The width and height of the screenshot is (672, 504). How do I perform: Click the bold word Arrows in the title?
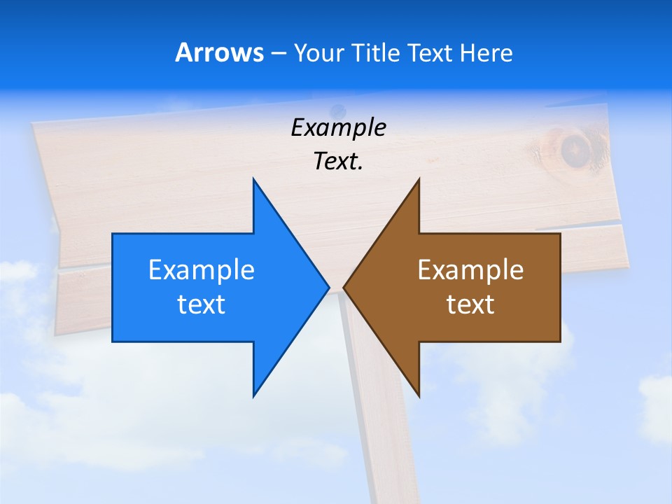pyautogui.click(x=218, y=52)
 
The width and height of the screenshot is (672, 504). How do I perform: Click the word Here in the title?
pyautogui.click(x=486, y=52)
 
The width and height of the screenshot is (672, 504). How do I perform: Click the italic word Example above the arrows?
pyautogui.click(x=338, y=128)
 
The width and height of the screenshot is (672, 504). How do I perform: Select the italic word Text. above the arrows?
pyautogui.click(x=338, y=162)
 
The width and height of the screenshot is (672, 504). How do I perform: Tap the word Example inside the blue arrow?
pyautogui.click(x=202, y=270)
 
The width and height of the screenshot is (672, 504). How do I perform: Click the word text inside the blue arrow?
pyautogui.click(x=202, y=304)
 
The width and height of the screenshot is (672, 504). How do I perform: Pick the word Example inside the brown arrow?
pyautogui.click(x=470, y=270)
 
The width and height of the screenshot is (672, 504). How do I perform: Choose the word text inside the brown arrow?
pyautogui.click(x=470, y=304)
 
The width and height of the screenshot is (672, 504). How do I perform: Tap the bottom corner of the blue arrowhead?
pyautogui.click(x=253, y=395)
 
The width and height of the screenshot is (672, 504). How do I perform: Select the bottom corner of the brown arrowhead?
pyautogui.click(x=419, y=395)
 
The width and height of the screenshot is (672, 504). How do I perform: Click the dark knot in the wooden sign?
pyautogui.click(x=574, y=148)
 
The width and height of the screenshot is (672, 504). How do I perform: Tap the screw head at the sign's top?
pyautogui.click(x=339, y=110)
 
